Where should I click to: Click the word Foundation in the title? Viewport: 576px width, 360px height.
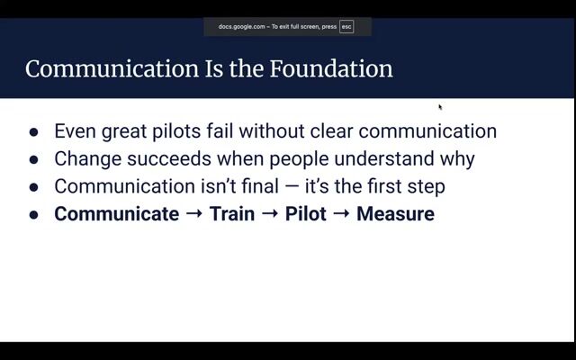tap(331, 68)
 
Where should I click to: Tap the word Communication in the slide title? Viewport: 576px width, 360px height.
tap(112, 68)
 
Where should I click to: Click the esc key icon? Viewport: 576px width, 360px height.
tap(346, 27)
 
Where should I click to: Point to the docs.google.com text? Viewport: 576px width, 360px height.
tap(241, 27)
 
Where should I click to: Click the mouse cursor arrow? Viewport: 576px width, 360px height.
tap(440, 107)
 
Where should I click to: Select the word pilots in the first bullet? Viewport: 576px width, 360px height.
tap(176, 131)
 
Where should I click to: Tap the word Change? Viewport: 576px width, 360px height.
tap(88, 159)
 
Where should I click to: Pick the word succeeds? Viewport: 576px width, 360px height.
tap(169, 158)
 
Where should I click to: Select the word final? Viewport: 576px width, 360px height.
tap(260, 186)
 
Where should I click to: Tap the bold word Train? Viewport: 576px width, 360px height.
tap(232, 214)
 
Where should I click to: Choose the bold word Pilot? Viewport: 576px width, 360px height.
tap(306, 214)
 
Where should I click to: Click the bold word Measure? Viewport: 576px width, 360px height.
tap(395, 214)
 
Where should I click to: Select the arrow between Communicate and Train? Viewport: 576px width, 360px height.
tap(194, 213)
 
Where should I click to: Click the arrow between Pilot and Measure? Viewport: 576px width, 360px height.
tap(341, 213)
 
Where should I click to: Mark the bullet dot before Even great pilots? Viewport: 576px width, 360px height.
tap(33, 132)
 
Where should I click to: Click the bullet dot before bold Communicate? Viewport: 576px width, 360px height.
tap(33, 214)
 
